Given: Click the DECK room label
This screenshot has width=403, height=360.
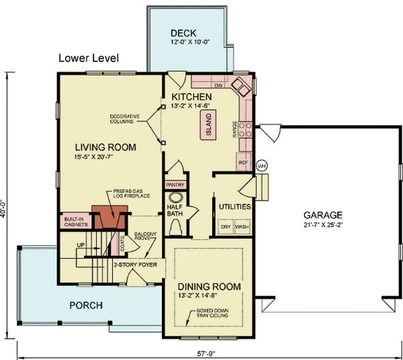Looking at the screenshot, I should [x=183, y=33].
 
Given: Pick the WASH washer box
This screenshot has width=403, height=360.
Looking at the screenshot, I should [x=242, y=227].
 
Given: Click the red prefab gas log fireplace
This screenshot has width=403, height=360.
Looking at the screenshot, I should [x=107, y=218].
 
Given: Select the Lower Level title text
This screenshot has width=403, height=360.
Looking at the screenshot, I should [x=89, y=58].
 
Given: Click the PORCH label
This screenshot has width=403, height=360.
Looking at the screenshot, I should [x=86, y=306].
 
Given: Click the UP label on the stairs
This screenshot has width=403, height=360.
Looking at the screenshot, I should [x=81, y=246].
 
